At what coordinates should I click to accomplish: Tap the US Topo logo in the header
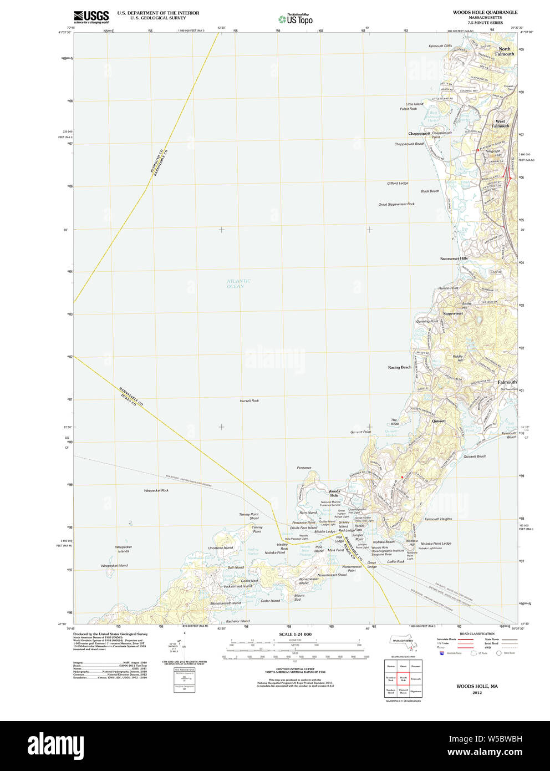[295, 19]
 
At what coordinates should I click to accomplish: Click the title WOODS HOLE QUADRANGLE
[485, 12]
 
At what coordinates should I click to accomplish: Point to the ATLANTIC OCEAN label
[238, 283]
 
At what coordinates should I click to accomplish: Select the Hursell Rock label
[249, 400]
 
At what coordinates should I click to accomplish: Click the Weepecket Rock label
[156, 490]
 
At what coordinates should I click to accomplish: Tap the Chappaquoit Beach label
[409, 144]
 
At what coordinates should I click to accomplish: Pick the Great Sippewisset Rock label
[396, 204]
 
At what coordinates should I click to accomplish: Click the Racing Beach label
[400, 367]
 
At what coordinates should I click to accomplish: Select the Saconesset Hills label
[454, 258]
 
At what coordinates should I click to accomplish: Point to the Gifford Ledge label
[398, 183]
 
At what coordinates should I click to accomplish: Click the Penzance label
[304, 468]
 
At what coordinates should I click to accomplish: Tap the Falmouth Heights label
[438, 519]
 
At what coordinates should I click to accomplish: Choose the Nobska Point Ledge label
[436, 544]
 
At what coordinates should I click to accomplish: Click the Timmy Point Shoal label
[249, 516]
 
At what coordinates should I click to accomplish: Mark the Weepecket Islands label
[123, 549]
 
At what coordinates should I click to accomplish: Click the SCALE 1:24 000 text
[295, 634]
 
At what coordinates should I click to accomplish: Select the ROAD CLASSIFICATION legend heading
[477, 633]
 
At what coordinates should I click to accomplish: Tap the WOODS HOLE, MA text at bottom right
[477, 686]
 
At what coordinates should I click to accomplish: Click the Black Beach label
[430, 191]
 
